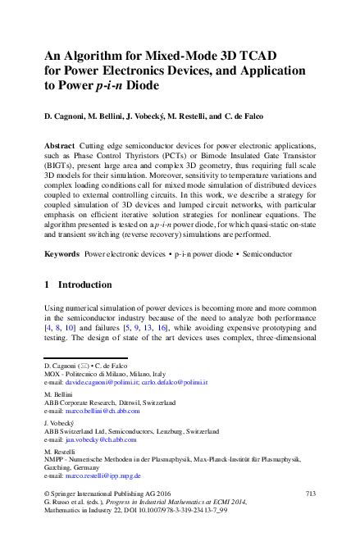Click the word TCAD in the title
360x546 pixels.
pyautogui.click(x=257, y=56)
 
